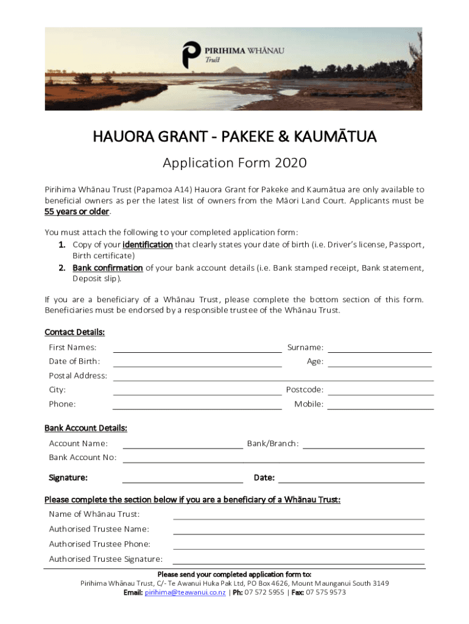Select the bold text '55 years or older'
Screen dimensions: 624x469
(x=77, y=211)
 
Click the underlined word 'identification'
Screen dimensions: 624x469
(x=147, y=244)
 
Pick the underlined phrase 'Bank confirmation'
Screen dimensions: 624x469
(x=108, y=268)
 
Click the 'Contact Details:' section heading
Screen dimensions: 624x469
(x=75, y=332)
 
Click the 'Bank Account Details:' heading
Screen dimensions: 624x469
(x=86, y=428)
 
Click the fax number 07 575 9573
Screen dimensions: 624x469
(x=326, y=592)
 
